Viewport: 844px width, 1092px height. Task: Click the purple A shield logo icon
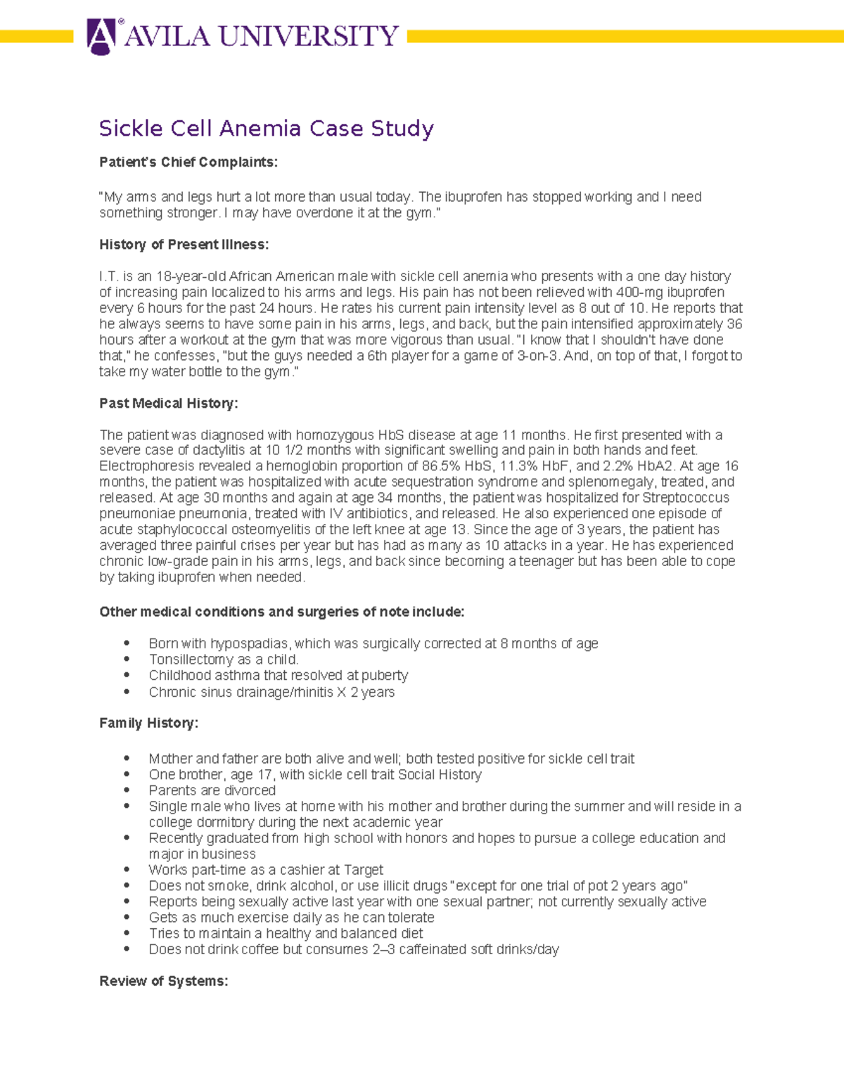101,36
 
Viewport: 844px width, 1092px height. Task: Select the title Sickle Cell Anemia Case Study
266,129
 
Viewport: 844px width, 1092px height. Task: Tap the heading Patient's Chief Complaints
188,162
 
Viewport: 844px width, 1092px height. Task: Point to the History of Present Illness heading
184,245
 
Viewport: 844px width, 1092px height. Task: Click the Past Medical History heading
168,404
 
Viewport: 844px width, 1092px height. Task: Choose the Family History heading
148,723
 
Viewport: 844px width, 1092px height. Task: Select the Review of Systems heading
163,981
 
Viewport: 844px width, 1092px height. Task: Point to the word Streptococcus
686,498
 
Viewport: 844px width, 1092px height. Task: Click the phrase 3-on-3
538,356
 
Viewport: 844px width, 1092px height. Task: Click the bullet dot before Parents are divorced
127,790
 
